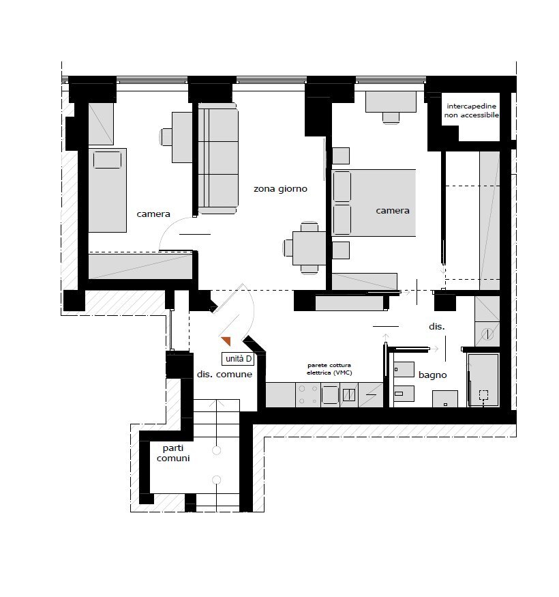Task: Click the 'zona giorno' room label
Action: (280, 189)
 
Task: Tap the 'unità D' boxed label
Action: (238, 359)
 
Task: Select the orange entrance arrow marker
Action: (226, 341)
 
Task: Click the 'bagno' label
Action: (432, 375)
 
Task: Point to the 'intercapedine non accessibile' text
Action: (472, 111)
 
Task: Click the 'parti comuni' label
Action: (173, 454)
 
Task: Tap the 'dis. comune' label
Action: (224, 375)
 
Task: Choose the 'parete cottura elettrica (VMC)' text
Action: (329, 369)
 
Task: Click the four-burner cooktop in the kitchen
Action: (308, 395)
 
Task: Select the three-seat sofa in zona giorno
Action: (218, 158)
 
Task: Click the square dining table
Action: (309, 248)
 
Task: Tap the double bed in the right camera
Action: (374, 203)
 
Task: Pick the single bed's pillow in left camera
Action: (108, 160)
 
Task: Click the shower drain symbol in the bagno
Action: (483, 395)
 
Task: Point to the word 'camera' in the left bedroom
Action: (153, 214)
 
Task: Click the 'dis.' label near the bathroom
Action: (436, 326)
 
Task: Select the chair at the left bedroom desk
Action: (166, 137)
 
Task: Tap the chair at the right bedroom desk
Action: (391, 118)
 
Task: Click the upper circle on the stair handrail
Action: (217, 450)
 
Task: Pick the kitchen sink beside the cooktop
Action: (330, 395)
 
